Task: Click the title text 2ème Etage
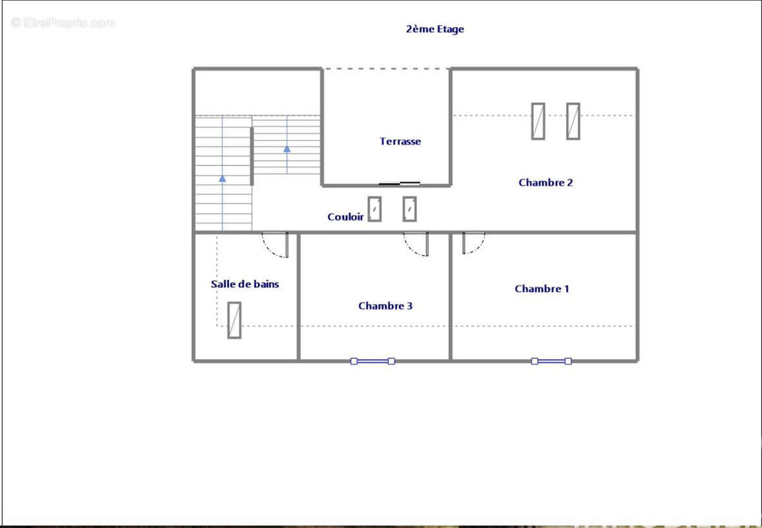coord(435,29)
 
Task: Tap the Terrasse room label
coord(400,141)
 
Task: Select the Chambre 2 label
coord(546,183)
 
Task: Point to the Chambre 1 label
coord(542,288)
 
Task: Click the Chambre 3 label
coord(385,306)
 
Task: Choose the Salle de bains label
coord(245,284)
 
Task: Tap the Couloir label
coord(346,216)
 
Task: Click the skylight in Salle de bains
coord(234,320)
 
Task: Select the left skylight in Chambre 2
coord(538,121)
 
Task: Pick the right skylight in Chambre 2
coord(573,121)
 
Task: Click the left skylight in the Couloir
coord(375,209)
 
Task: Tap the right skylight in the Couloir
coord(410,209)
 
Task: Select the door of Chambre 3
coord(418,244)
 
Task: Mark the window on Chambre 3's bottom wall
coord(373,361)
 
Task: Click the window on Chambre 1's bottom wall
coord(552,361)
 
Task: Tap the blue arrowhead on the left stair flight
coord(222,178)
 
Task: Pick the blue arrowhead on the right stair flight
coord(287,149)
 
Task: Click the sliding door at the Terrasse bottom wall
coord(400,183)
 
